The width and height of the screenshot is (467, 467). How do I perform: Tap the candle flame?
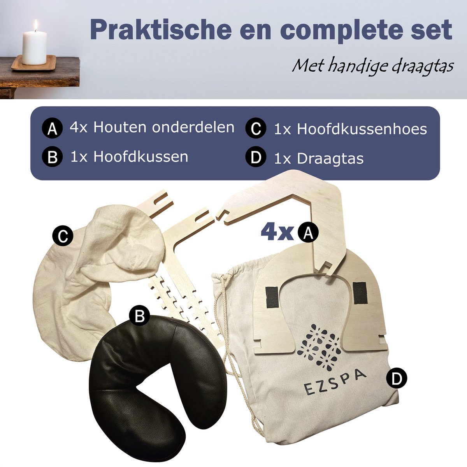click(35, 25)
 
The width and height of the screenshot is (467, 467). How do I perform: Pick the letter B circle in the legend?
click(52, 158)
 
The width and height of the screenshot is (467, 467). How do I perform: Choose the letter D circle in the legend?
click(256, 158)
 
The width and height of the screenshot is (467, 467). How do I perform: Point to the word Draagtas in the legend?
click(330, 158)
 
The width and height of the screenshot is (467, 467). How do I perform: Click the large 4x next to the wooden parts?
click(277, 232)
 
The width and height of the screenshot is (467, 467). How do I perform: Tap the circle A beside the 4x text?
click(307, 233)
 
